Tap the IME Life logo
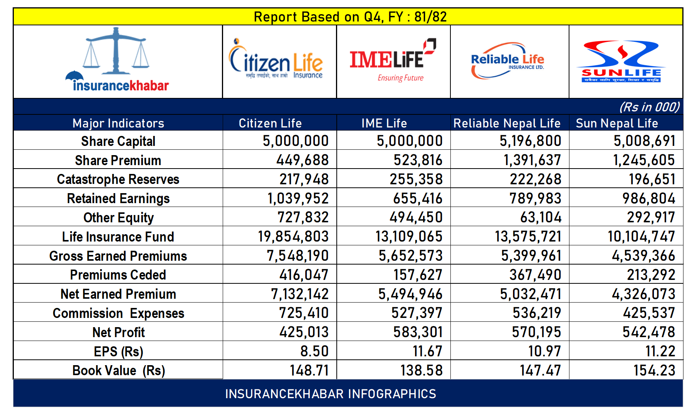coord(392,61)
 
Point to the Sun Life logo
coord(621,61)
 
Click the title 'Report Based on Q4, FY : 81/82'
coord(350,17)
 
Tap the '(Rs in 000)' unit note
coord(649,107)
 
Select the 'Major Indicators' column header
coord(118,123)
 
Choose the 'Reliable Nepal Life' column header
coord(507,123)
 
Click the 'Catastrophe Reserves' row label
coord(118,179)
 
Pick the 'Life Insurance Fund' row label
coord(118,237)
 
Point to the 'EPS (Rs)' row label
coord(118,351)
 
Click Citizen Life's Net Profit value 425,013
coord(304,332)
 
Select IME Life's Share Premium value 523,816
coord(418,160)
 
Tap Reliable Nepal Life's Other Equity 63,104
coord(541,218)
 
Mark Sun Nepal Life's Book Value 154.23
coord(654,371)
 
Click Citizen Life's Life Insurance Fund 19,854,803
coord(293,237)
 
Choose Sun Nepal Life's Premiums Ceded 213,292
coord(651,275)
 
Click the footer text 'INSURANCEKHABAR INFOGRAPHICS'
coord(331,394)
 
